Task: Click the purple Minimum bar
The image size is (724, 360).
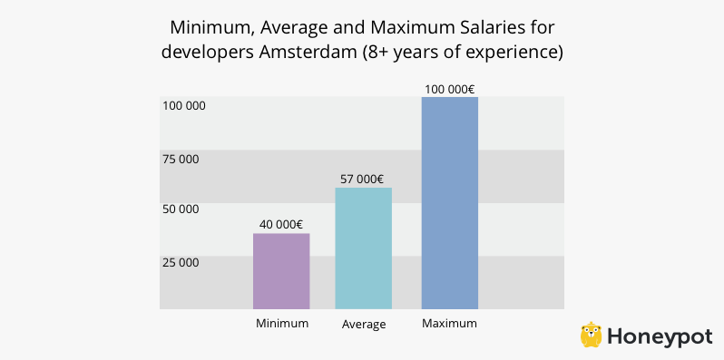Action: (281, 271)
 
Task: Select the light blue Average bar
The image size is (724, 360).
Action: (363, 248)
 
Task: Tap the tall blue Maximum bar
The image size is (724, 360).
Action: (449, 202)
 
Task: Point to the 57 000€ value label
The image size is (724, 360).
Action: (364, 179)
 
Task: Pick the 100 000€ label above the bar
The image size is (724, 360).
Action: (449, 89)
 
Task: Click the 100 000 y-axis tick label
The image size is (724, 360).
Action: (184, 105)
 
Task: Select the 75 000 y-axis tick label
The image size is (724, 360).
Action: (181, 159)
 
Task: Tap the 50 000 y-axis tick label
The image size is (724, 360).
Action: (181, 209)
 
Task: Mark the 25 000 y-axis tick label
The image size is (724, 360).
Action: (181, 263)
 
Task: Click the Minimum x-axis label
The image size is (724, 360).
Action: (282, 323)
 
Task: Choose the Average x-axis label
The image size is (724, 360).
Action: (364, 325)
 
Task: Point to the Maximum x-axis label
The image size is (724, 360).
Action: (449, 323)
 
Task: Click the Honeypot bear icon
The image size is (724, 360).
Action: (592, 334)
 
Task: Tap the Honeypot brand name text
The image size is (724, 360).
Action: (659, 336)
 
